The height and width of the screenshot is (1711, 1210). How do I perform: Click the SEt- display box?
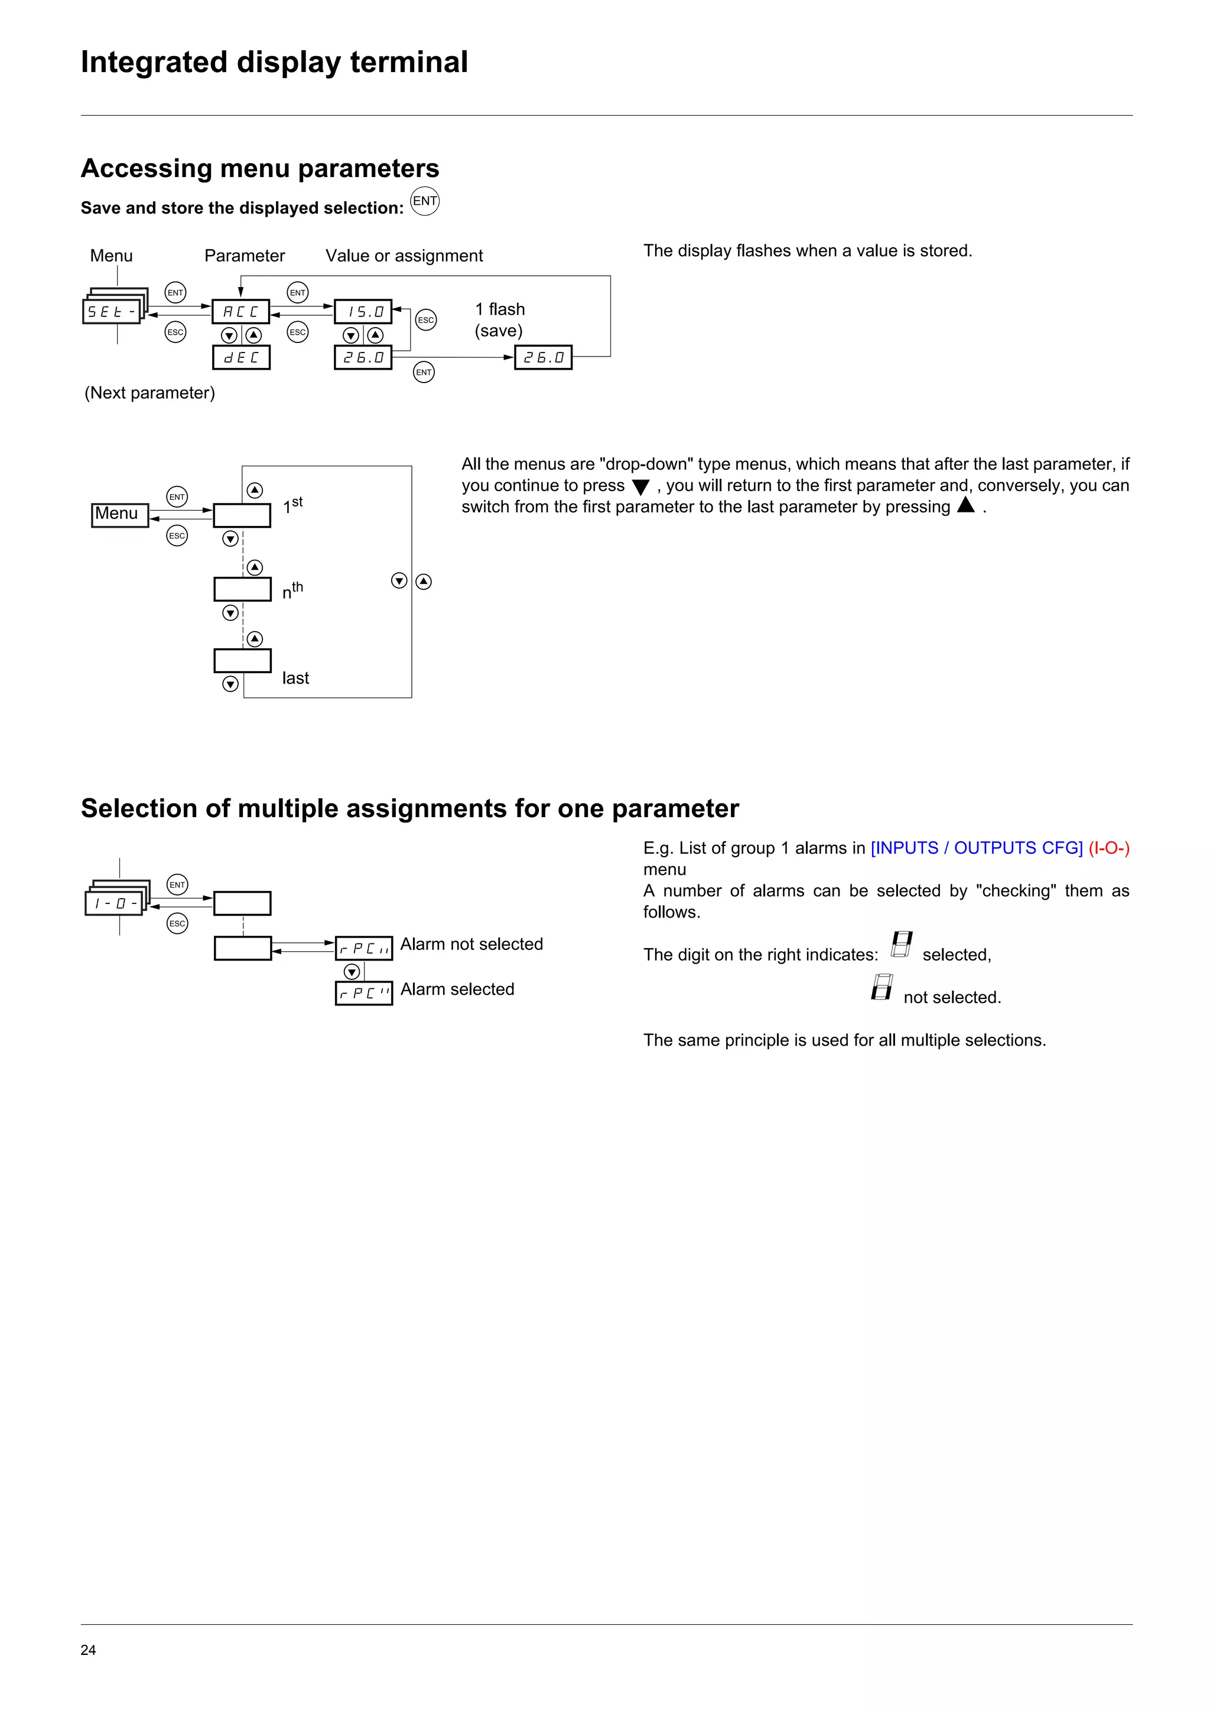pos(111,312)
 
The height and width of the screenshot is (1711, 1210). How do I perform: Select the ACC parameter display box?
pos(241,312)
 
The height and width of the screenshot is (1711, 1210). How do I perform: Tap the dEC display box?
pos(241,358)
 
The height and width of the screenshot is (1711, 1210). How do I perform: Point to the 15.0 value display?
pos(363,312)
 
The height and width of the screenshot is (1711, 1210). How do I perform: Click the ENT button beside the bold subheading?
pos(425,201)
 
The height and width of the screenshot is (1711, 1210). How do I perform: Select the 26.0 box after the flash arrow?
pos(543,358)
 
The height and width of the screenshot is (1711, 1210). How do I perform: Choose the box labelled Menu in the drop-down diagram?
pos(119,514)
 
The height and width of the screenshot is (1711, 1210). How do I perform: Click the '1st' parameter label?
pos(292,505)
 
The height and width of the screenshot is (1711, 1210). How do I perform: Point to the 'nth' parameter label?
pos(292,591)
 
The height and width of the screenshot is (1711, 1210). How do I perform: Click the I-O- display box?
pos(114,904)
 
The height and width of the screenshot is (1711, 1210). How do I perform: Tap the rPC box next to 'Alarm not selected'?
pos(364,949)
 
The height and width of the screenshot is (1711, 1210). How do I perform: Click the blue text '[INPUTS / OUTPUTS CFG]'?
pos(977,848)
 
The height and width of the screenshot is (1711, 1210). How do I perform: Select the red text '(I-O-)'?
pos(1108,848)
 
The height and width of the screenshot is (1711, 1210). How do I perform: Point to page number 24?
pos(88,1650)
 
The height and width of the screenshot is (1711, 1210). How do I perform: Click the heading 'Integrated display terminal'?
pos(274,62)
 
